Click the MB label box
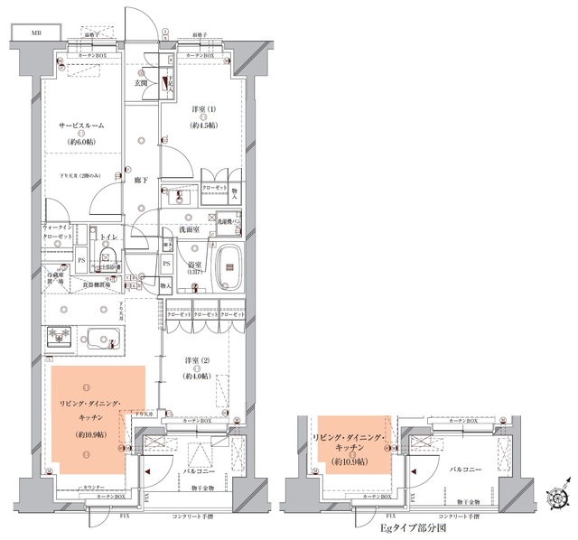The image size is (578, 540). (x=36, y=33)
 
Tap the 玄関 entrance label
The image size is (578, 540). (x=141, y=83)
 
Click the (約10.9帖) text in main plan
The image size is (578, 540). (x=90, y=434)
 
